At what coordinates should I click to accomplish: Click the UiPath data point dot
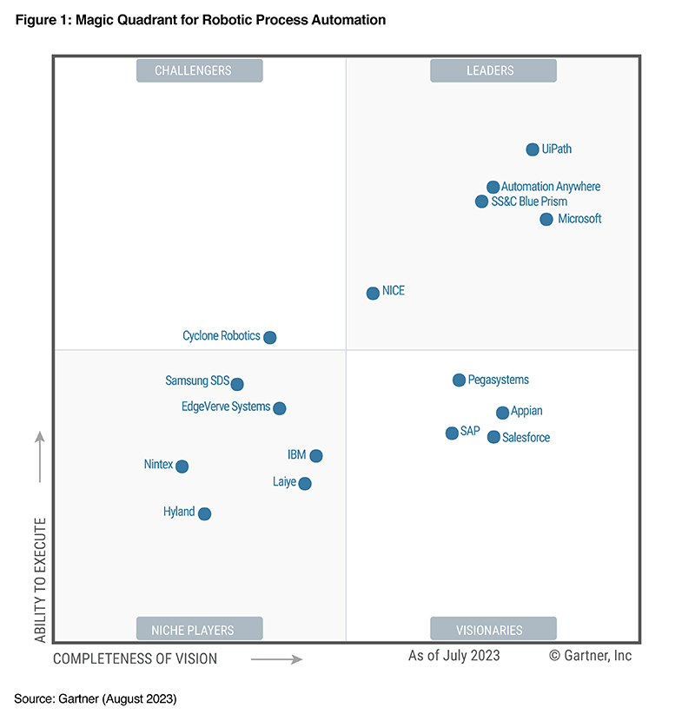[533, 149]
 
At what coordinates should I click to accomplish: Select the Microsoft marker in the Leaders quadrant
[546, 219]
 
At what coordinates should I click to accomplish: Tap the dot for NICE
[373, 293]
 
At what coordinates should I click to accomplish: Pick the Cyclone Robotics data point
[269, 337]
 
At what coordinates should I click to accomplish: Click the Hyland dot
[204, 513]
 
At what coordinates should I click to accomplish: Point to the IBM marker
[316, 456]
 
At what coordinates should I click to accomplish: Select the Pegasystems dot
[459, 380]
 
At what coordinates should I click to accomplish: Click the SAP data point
[452, 433]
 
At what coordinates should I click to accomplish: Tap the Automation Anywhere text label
[551, 187]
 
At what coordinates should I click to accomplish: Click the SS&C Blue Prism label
[529, 202]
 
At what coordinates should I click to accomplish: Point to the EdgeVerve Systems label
[226, 407]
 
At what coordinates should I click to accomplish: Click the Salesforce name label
[526, 438]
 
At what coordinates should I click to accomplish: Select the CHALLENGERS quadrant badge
[199, 71]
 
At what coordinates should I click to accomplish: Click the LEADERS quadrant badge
[493, 71]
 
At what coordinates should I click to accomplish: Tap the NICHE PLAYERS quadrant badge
[199, 630]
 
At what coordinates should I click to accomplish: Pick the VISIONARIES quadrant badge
[493, 630]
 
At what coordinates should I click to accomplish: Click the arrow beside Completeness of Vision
[276, 659]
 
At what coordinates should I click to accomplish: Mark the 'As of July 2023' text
[454, 656]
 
